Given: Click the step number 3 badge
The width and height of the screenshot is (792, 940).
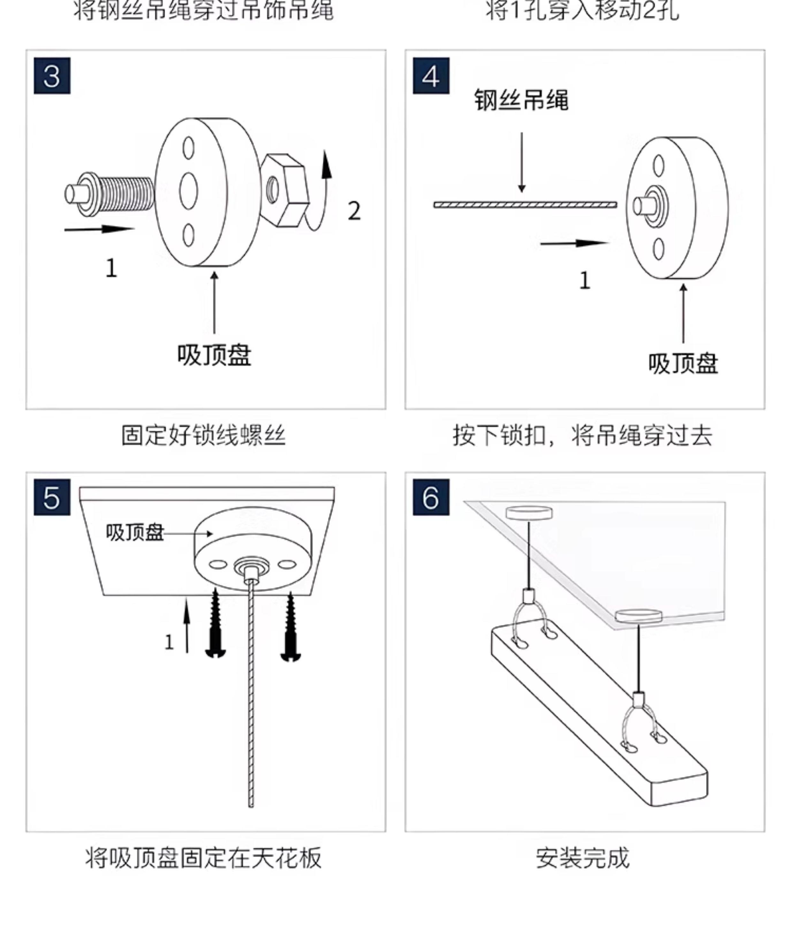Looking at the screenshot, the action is click(x=52, y=76).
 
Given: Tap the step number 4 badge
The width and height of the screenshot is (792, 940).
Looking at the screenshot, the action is click(x=431, y=76).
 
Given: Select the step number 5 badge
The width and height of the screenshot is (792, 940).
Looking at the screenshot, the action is click(x=52, y=497).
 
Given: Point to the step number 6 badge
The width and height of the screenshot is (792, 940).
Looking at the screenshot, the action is click(x=431, y=497).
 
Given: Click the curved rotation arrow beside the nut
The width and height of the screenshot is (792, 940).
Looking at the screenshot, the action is click(x=322, y=193).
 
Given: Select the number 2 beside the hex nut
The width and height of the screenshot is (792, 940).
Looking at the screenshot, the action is click(x=354, y=211).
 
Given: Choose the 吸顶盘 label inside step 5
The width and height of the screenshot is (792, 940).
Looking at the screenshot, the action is click(x=135, y=533).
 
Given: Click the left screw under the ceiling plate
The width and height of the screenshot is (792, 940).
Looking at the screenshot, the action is click(x=216, y=624).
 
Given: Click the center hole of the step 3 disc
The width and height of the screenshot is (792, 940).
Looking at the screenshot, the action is click(x=188, y=191).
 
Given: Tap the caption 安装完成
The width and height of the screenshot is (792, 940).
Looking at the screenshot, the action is click(x=583, y=858).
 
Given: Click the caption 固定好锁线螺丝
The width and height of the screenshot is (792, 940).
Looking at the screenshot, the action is click(x=203, y=436).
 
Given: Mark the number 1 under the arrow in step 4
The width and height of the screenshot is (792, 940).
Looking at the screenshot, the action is click(x=584, y=281).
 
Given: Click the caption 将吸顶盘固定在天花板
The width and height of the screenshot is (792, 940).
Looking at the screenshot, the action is click(x=203, y=858).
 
